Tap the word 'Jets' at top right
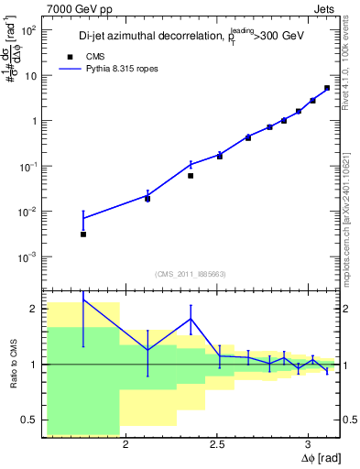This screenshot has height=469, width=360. [325, 8]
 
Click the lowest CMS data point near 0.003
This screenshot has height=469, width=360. [83, 234]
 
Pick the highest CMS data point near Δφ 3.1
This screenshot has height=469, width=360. [327, 88]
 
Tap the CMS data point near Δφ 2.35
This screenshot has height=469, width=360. [191, 175]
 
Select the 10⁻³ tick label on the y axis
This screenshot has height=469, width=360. [27, 256]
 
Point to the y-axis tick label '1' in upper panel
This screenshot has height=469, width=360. [33, 121]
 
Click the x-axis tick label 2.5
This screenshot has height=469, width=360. [217, 445]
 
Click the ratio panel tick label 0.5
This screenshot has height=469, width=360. [28, 420]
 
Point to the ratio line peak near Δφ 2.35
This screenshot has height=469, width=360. [191, 319]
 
